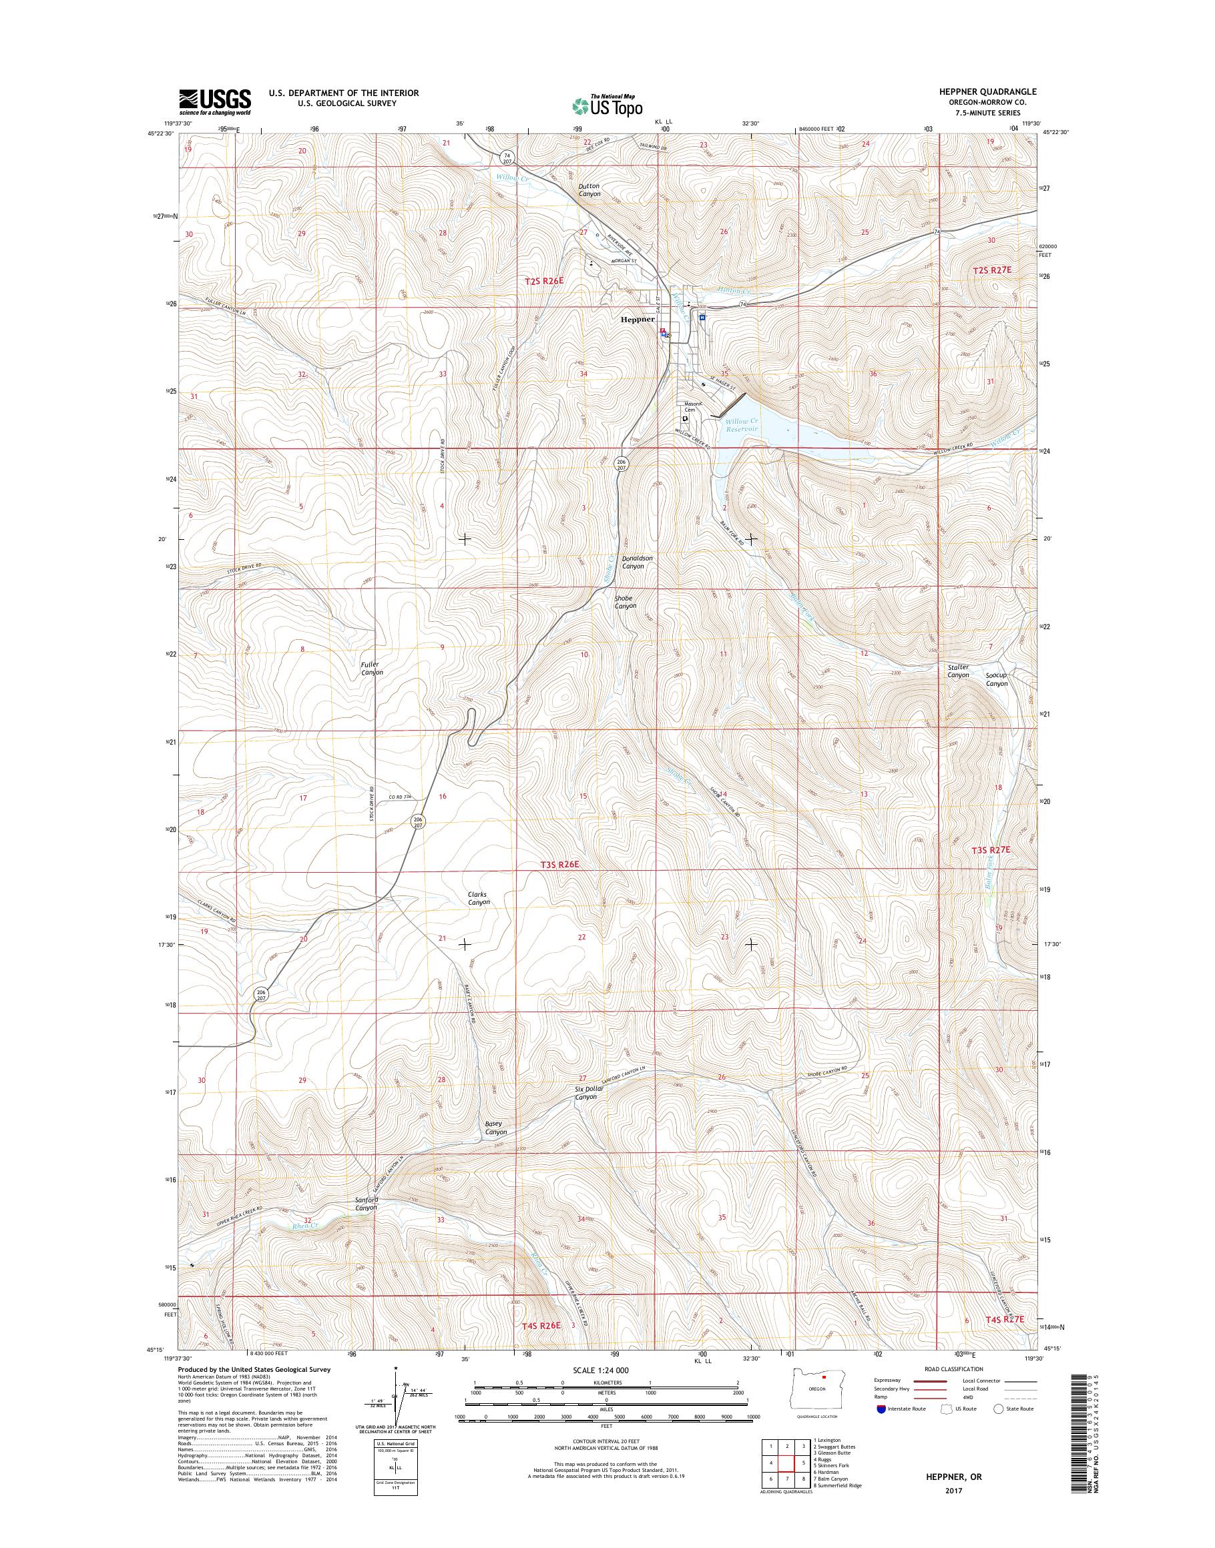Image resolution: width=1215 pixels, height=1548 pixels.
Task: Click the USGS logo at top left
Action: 215,101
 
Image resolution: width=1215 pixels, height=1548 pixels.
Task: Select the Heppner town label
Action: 638,320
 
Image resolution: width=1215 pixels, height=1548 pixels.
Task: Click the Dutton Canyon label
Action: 589,190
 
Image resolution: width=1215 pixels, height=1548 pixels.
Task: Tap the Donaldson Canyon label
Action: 638,562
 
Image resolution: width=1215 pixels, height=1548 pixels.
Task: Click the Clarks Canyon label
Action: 478,898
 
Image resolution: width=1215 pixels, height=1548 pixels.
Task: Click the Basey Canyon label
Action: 496,1127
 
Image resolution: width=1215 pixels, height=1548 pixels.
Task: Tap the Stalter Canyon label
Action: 957,671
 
